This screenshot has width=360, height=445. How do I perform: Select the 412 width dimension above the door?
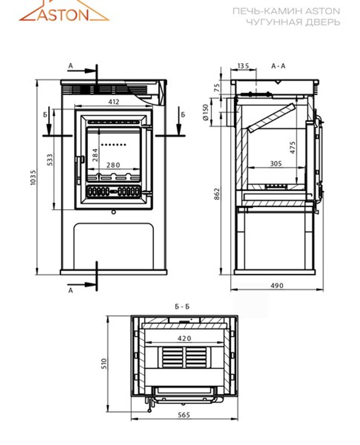[x=113, y=102]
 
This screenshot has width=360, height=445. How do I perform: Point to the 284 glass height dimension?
[x=95, y=155]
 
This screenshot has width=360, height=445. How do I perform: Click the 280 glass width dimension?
[x=113, y=165]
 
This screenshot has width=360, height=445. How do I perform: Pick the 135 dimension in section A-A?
[x=243, y=66]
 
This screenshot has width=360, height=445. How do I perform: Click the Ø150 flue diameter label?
[x=206, y=112]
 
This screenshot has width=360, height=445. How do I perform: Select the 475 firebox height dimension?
[x=292, y=147]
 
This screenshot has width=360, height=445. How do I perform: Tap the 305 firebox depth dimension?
[x=276, y=164]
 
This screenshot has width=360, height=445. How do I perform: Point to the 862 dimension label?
[x=216, y=194]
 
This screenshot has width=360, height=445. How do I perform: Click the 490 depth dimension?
[x=276, y=286]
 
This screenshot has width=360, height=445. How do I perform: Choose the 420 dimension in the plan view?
[x=184, y=338]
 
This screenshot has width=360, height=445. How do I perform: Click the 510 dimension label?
[x=104, y=364]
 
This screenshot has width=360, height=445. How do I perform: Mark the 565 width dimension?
[x=184, y=415]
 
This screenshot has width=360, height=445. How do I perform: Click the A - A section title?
[x=278, y=66]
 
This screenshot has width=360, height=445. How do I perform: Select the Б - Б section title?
[x=182, y=307]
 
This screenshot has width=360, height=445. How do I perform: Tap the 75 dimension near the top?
[x=216, y=88]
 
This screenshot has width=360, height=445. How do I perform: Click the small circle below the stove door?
[x=114, y=212]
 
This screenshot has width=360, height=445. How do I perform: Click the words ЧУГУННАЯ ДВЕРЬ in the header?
[x=293, y=22]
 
